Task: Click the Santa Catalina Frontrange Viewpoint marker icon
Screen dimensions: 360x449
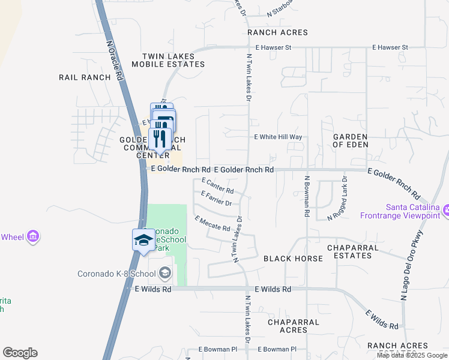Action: click(x=446, y=209)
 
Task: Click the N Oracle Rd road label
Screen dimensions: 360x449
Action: click(x=115, y=61)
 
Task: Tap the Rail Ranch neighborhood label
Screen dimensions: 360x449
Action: click(x=85, y=77)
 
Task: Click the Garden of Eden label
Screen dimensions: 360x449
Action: click(x=350, y=141)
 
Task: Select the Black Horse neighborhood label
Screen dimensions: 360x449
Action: click(x=293, y=259)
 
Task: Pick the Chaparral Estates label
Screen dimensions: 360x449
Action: click(x=352, y=251)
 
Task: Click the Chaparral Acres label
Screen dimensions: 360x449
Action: click(x=294, y=326)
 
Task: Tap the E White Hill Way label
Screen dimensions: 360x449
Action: click(x=278, y=137)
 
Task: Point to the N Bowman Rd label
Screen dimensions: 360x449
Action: click(x=306, y=196)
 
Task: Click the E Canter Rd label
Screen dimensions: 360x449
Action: click(x=217, y=185)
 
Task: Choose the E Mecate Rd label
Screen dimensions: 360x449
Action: click(x=212, y=224)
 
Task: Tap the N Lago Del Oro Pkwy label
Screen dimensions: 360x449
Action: click(x=412, y=264)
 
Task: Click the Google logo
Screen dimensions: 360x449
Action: click(x=20, y=353)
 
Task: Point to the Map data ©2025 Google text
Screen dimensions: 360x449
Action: click(x=411, y=355)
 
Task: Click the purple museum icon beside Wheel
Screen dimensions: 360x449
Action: click(x=33, y=237)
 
